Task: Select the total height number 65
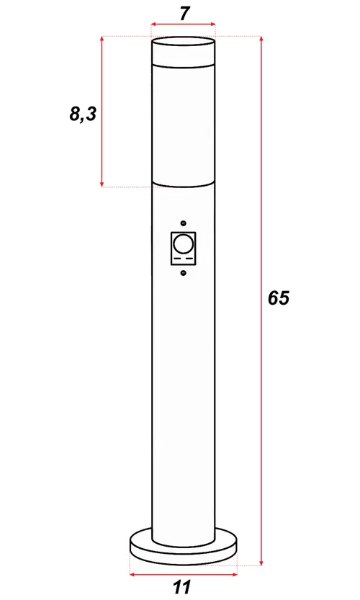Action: click(x=278, y=297)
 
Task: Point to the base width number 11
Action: click(x=182, y=588)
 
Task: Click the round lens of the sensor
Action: click(x=184, y=241)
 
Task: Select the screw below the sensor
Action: click(x=184, y=272)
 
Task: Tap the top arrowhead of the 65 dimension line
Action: click(x=260, y=39)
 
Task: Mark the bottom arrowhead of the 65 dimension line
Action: click(x=260, y=562)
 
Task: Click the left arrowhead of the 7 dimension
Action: click(x=153, y=24)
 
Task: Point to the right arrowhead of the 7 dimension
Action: click(x=213, y=24)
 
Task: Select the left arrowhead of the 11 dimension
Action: click(x=132, y=574)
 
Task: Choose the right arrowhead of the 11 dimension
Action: click(x=235, y=574)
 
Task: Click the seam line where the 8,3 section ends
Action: click(x=184, y=187)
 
